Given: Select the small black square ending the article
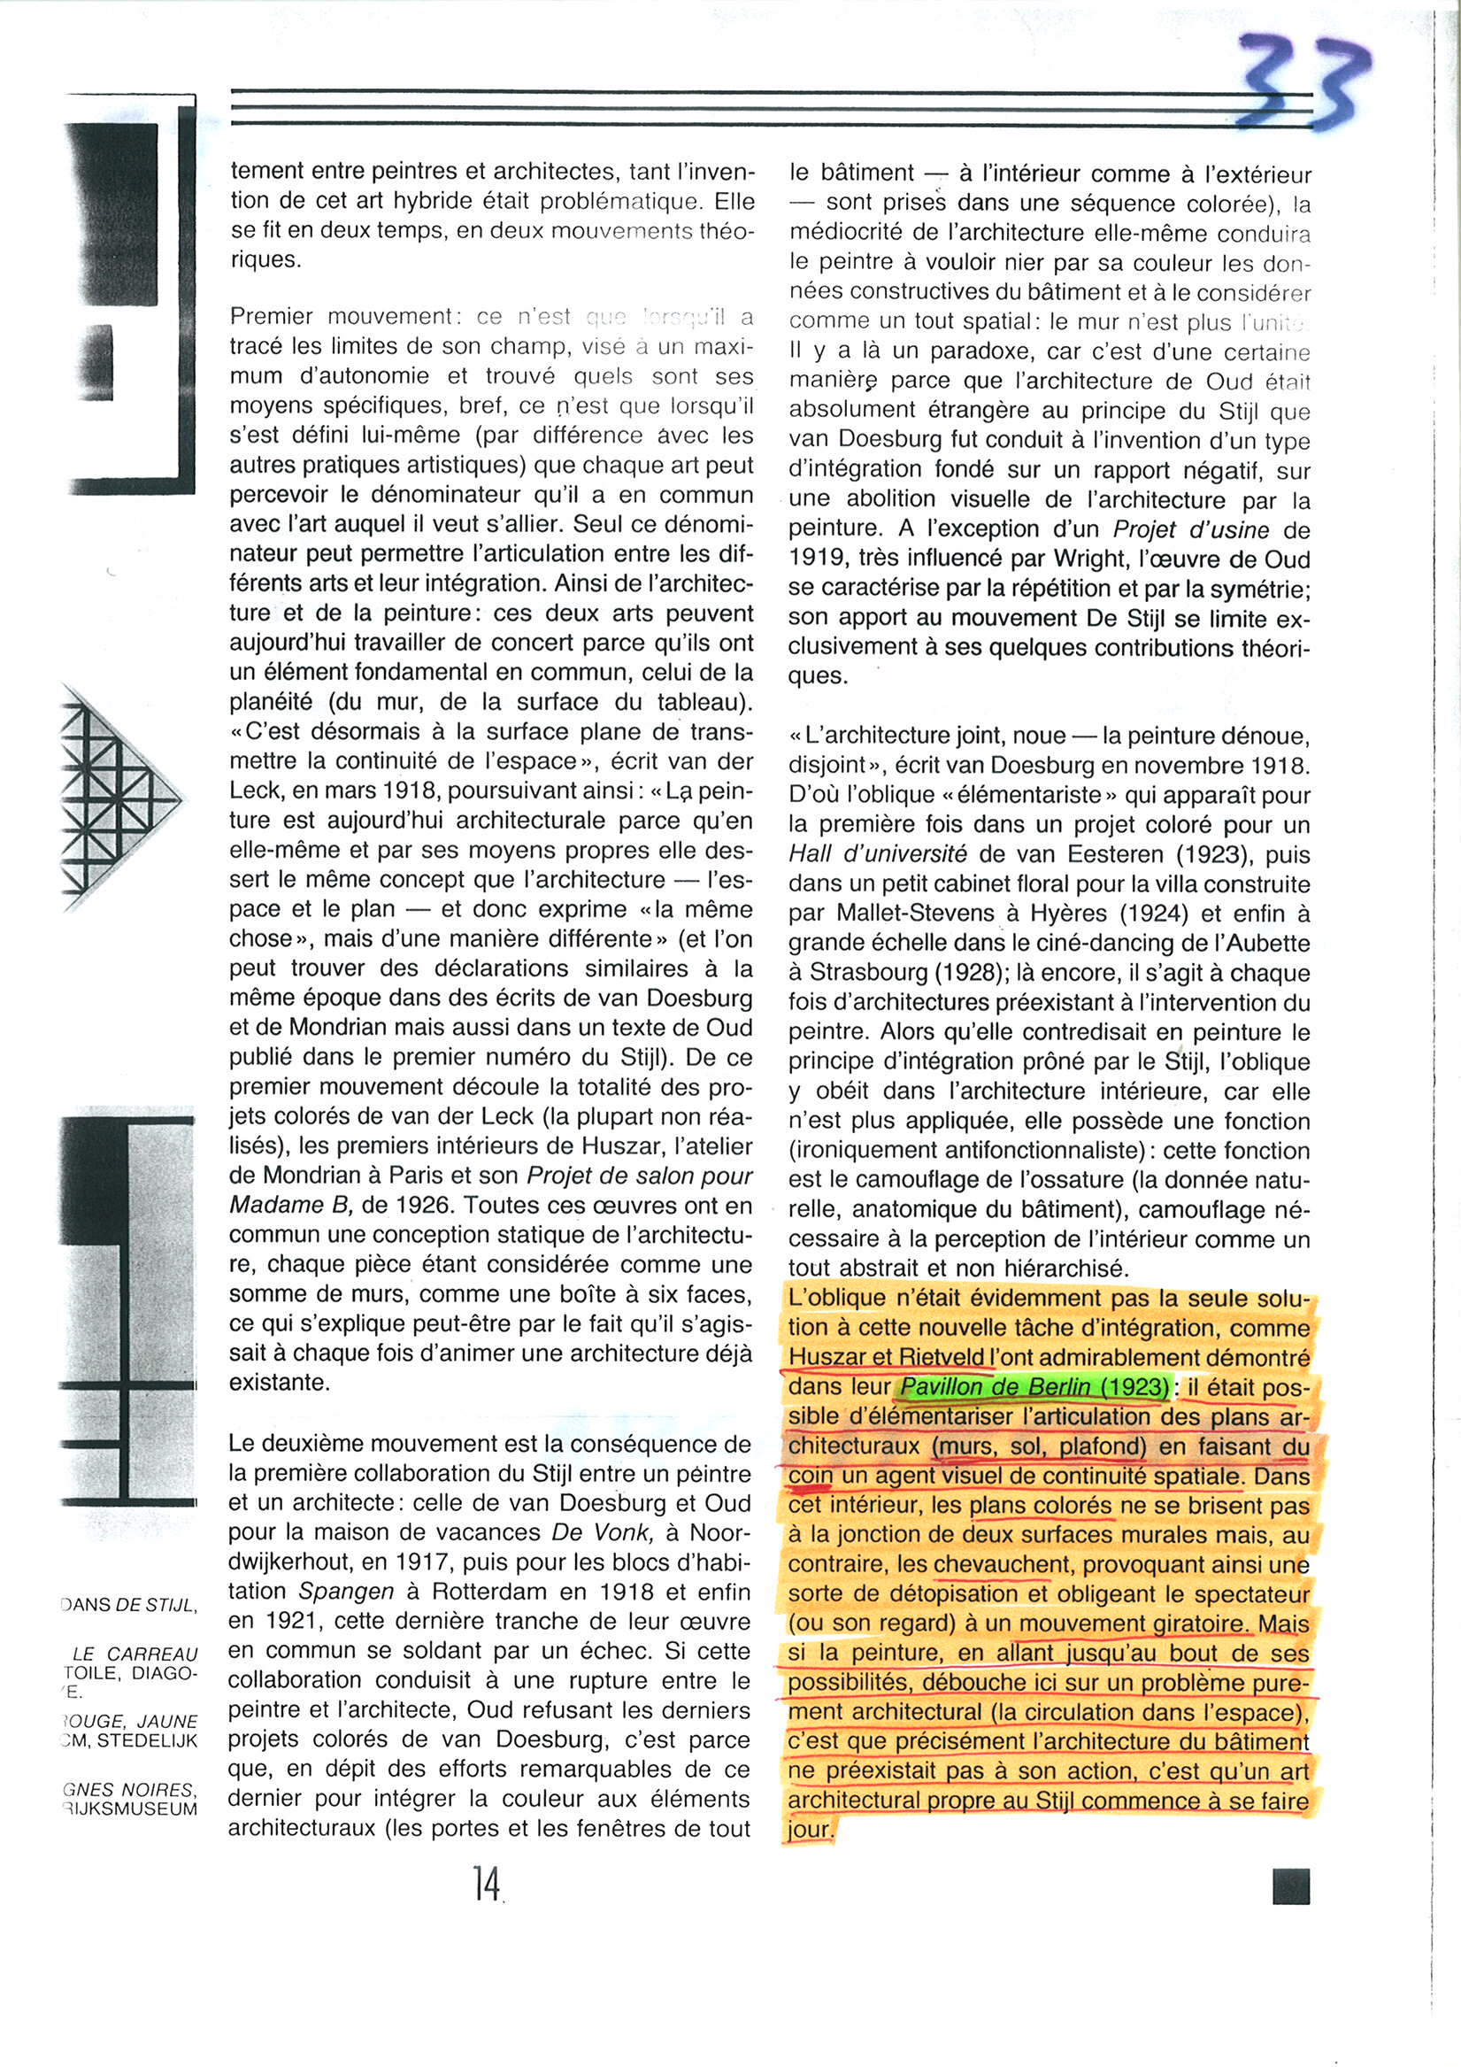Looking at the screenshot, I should (x=1291, y=1886).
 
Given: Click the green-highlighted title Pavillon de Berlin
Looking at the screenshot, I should (x=1032, y=1387).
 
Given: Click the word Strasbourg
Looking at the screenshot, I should (x=865, y=972).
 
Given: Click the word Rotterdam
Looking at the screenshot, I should (x=490, y=1592).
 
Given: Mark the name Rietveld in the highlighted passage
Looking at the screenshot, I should (x=942, y=1358).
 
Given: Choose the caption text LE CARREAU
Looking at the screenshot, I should (x=135, y=1654).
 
